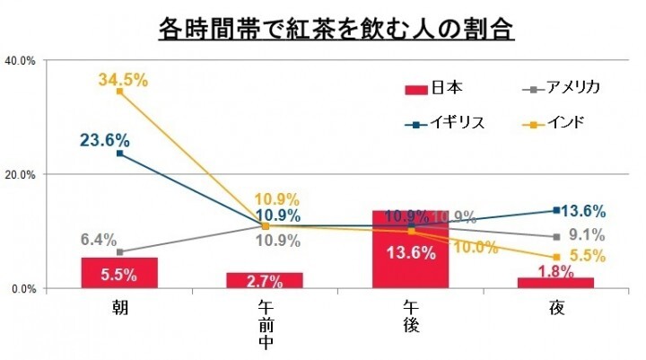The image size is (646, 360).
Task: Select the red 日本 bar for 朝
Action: click(x=119, y=273)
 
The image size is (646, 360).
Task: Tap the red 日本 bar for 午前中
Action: click(x=266, y=280)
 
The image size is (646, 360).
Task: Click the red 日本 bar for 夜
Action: click(x=556, y=283)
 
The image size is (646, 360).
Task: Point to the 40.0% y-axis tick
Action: click(x=20, y=60)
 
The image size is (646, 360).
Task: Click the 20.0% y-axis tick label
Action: click(x=20, y=174)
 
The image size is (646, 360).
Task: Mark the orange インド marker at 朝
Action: click(x=119, y=92)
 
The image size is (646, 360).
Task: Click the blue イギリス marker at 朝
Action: click(x=119, y=154)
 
